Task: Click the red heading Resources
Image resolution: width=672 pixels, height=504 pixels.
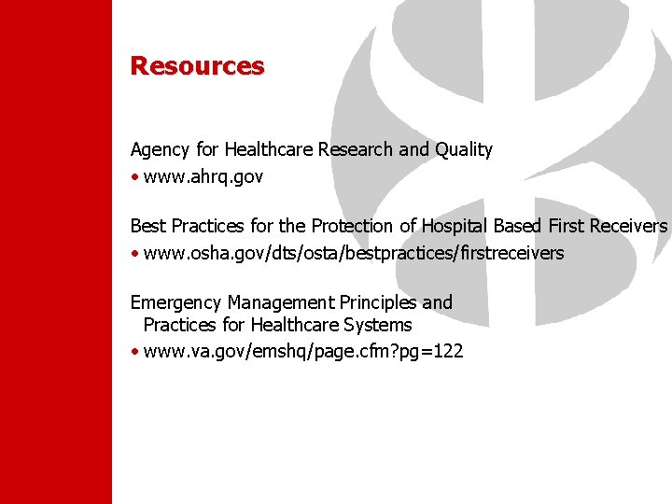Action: (197, 66)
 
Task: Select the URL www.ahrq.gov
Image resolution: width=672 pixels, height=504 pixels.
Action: (203, 176)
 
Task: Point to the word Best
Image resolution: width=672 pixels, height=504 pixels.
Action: (147, 226)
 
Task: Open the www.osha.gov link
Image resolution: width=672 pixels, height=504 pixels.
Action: (354, 253)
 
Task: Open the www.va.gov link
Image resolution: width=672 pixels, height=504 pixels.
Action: (303, 352)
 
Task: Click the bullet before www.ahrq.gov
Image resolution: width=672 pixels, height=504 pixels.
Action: (135, 176)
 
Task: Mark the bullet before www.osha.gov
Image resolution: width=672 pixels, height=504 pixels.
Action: (135, 253)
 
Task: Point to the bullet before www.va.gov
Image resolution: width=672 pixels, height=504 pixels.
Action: (135, 352)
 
